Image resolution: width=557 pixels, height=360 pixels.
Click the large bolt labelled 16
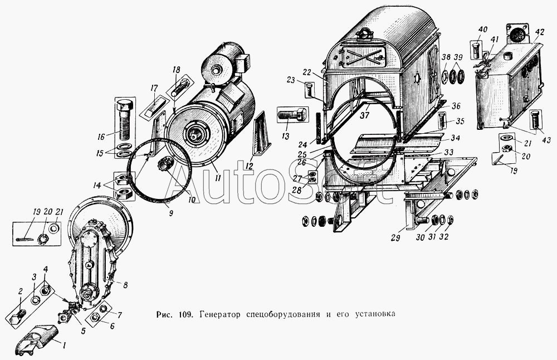coord(125,120)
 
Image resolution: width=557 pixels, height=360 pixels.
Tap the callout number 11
coord(218,177)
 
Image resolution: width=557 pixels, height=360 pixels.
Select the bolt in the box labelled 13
coord(291,114)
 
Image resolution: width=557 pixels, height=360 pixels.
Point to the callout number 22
coord(307,73)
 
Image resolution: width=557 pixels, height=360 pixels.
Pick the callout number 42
coord(539,32)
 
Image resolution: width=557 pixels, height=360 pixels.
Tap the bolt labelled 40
coord(477,50)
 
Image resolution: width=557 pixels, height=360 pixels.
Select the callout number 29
coord(395,237)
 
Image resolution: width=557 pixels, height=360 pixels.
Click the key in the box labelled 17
coord(154,106)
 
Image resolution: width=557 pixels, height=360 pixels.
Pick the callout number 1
coord(64,344)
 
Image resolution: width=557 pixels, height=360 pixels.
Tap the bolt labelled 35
coord(442,120)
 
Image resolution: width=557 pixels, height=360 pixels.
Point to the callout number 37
coord(365,115)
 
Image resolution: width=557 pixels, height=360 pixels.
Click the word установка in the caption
coord(374,314)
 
